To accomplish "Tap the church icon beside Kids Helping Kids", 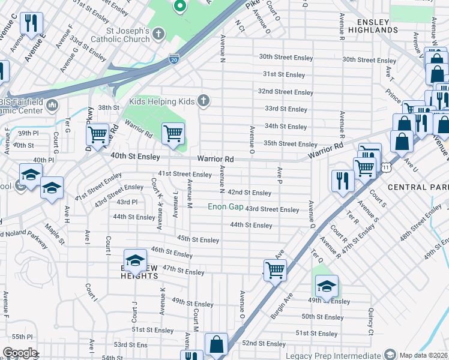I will (x=204, y=101).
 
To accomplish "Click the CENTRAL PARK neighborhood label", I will (x=418, y=187).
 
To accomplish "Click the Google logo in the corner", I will (x=20, y=353).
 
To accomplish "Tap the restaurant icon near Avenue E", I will (x=30, y=24).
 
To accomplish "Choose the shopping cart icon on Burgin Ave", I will (x=274, y=269).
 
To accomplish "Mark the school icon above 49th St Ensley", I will (x=326, y=286).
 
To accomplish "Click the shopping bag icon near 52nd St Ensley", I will (x=216, y=345).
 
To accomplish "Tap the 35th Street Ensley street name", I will (x=291, y=144).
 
